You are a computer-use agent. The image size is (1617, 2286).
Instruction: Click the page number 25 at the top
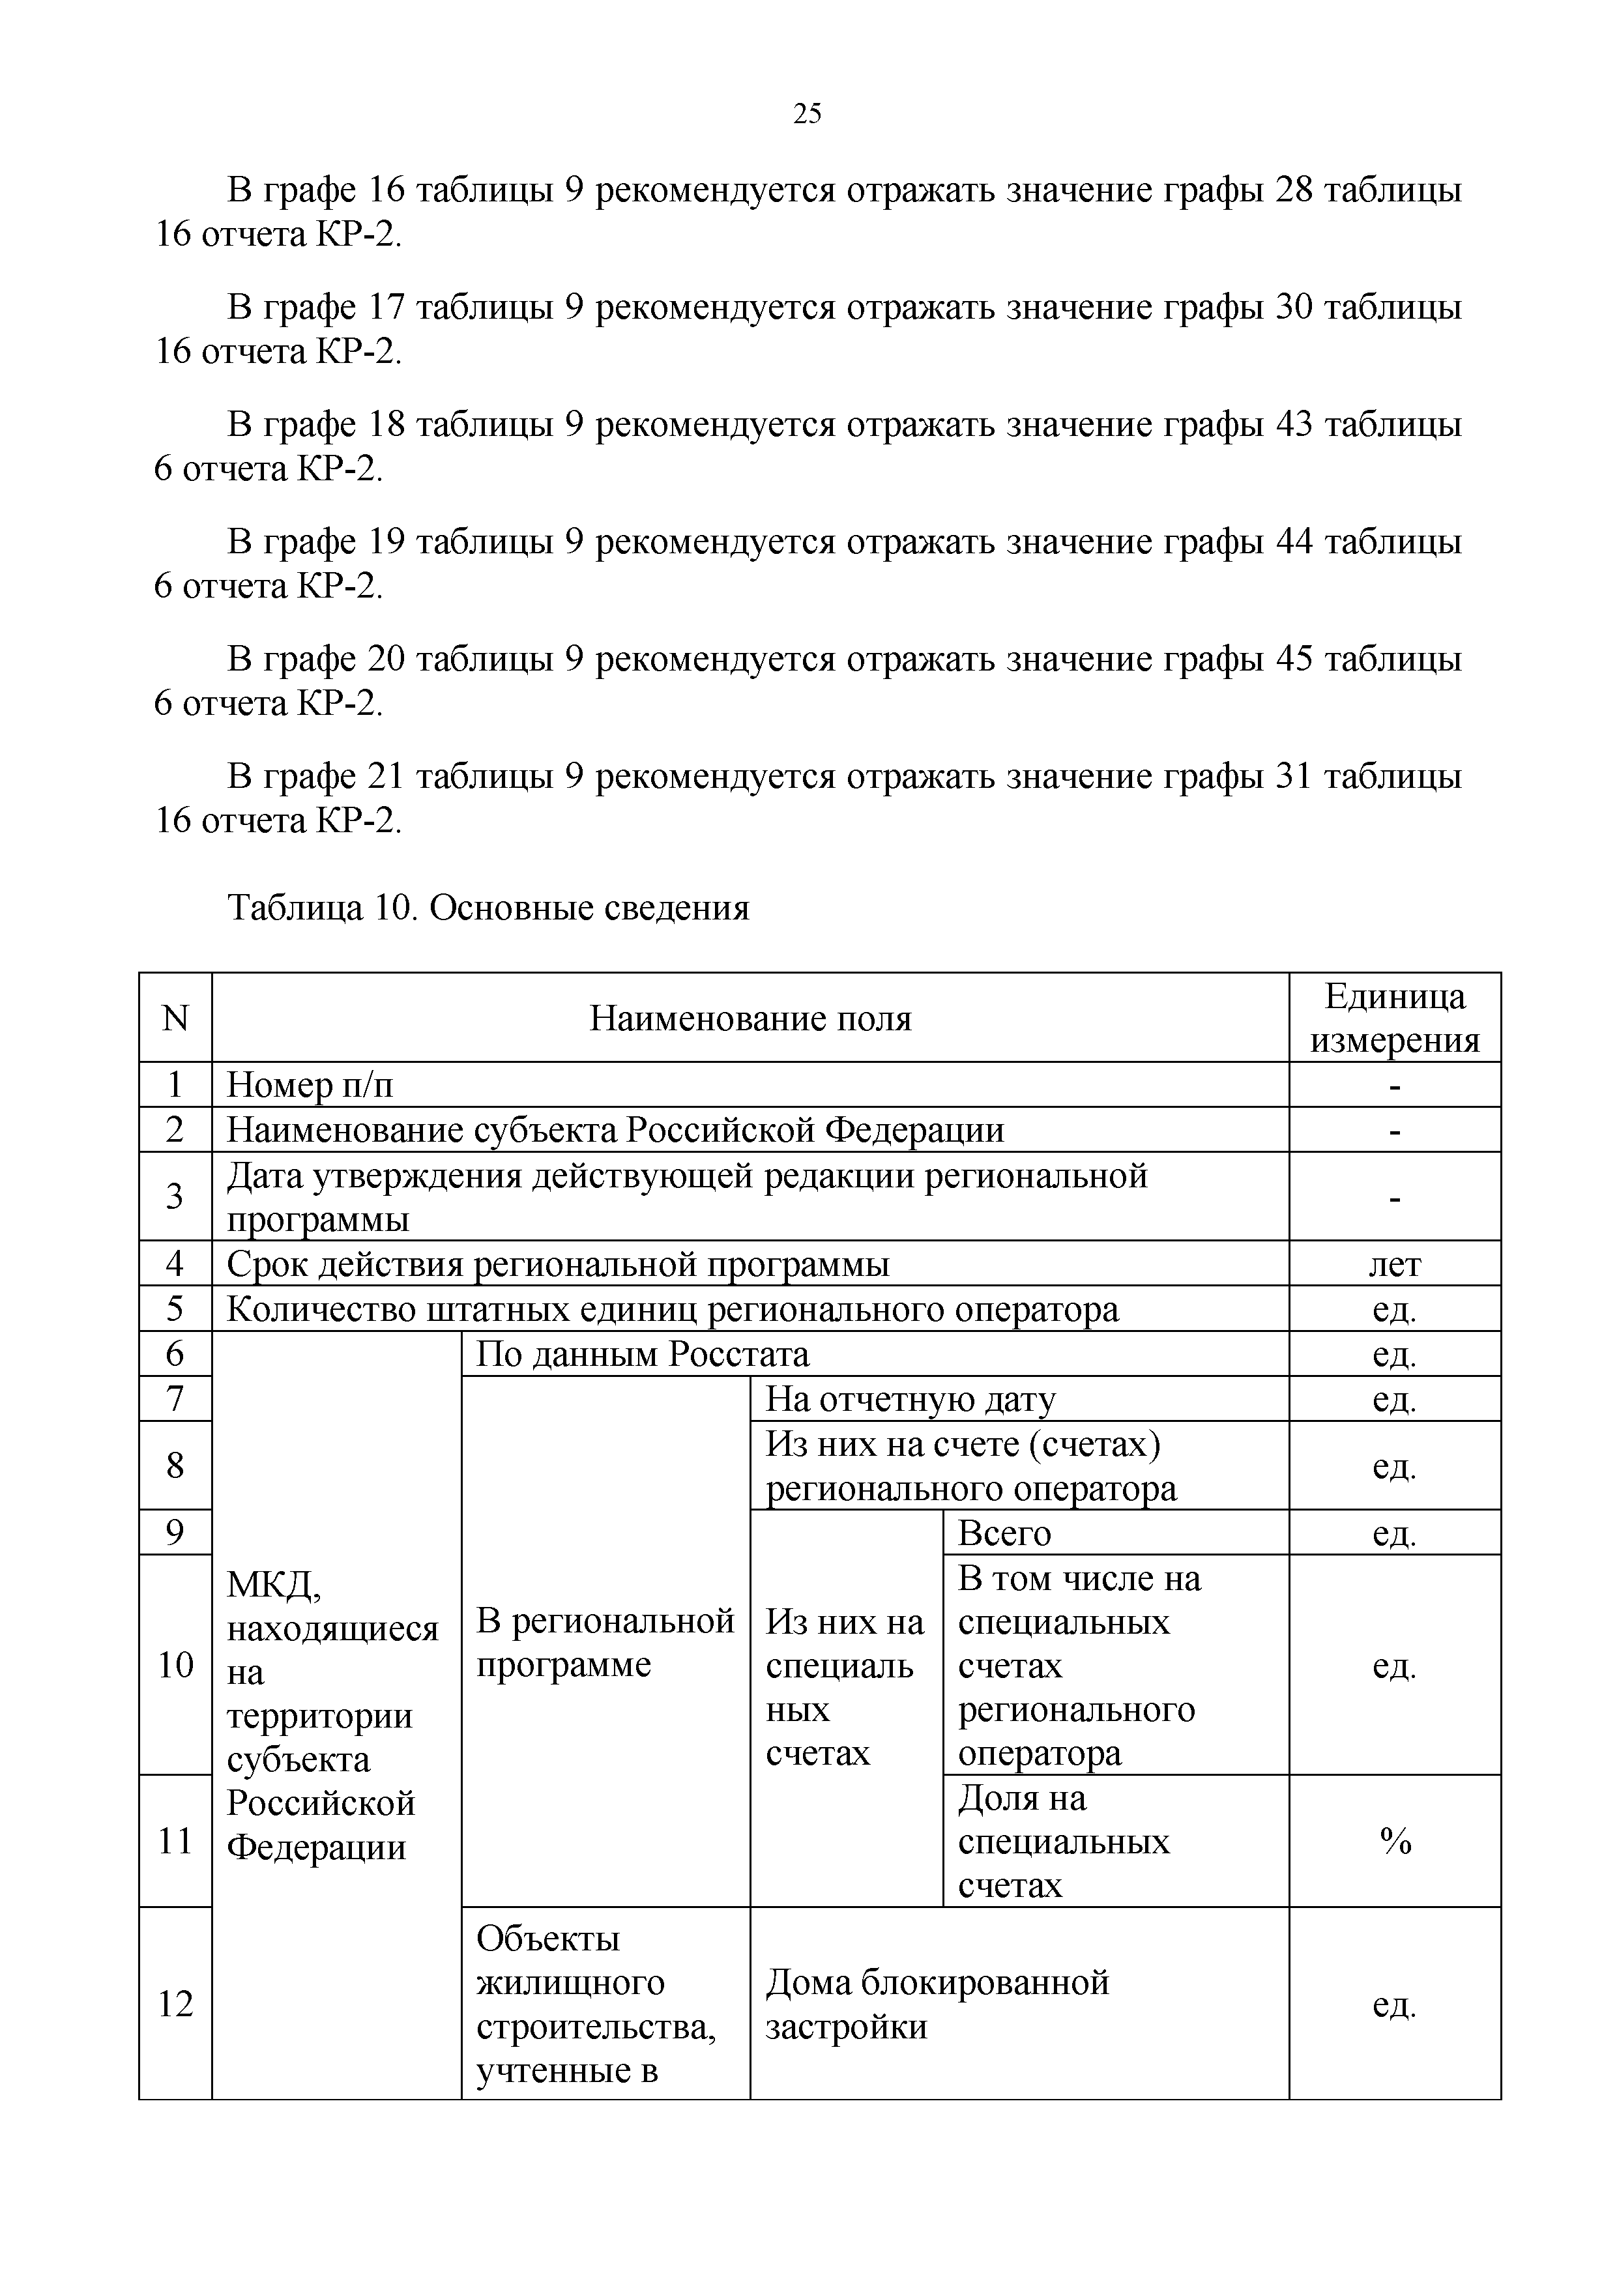pos(808,113)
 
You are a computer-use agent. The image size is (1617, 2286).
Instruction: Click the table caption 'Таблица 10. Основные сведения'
pos(488,908)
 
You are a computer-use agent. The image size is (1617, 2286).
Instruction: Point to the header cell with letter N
pos(175,1019)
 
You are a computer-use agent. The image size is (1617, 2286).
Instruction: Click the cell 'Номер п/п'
pos(311,1085)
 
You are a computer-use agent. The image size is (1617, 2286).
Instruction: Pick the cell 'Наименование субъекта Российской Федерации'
pos(615,1130)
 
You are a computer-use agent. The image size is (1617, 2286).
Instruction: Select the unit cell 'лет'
pos(1394,1264)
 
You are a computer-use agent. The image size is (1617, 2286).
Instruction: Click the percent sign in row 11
pos(1395,1842)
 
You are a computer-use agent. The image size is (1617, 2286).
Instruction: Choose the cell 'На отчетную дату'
pos(910,1400)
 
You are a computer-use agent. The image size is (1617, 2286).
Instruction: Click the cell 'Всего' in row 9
pos(1004,1532)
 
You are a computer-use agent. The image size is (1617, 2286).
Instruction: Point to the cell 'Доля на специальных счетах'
pos(1064,1842)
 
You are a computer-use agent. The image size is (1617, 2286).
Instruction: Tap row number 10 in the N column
pos(175,1665)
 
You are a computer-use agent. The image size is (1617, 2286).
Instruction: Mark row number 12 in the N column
pos(175,2003)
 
